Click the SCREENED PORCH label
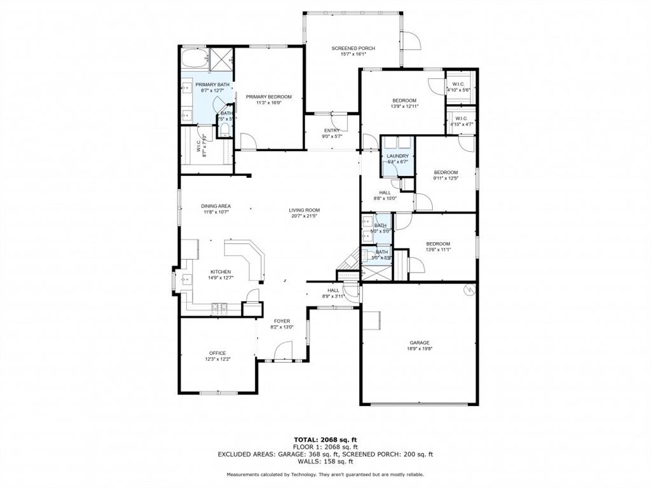click(x=353, y=48)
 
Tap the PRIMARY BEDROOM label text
click(x=268, y=97)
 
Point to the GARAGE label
click(x=419, y=342)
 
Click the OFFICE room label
click(x=217, y=353)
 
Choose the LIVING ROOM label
click(x=304, y=210)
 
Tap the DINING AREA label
click(x=216, y=206)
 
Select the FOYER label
click(x=282, y=322)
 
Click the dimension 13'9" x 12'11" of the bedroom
click(x=404, y=107)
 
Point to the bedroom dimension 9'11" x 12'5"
click(x=446, y=178)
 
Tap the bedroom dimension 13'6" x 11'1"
click(x=438, y=250)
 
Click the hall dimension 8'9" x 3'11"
click(x=333, y=295)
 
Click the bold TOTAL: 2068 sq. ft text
click(x=325, y=440)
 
